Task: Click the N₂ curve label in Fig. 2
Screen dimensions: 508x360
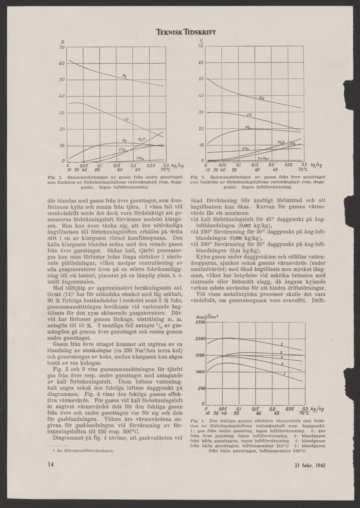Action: click(x=125, y=76)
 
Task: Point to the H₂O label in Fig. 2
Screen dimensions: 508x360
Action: click(x=141, y=139)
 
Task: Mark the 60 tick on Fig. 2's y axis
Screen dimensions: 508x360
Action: click(x=62, y=63)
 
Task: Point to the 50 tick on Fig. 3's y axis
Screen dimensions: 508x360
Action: click(x=201, y=80)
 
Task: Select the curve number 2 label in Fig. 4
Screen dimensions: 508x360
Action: click(x=282, y=344)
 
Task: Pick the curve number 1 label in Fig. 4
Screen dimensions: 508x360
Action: click(x=283, y=374)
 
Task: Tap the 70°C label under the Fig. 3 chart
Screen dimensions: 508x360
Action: click(x=303, y=169)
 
